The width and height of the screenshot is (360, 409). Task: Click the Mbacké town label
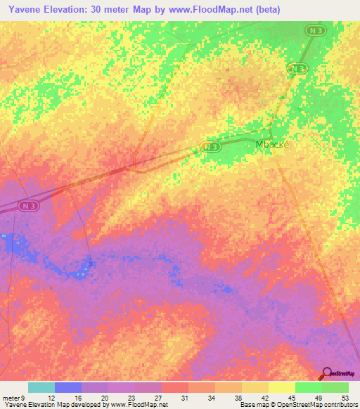(272, 143)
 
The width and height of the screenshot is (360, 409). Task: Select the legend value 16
(78, 397)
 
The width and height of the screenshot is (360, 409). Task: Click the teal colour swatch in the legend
(41, 387)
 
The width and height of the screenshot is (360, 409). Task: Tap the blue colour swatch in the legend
(67, 387)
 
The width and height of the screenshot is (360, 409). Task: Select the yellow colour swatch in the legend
(281, 387)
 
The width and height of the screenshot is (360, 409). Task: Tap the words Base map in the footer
(253, 405)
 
